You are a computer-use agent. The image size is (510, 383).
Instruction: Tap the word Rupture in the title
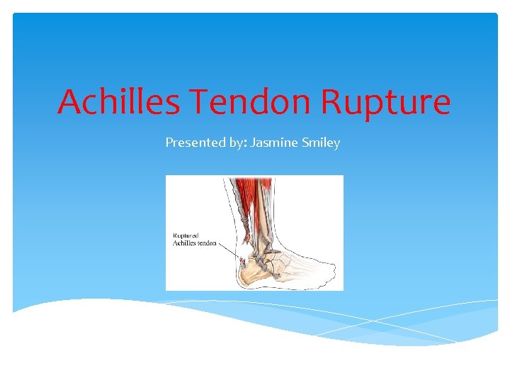click(385, 103)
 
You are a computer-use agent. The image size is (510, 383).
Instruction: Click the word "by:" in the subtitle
click(233, 143)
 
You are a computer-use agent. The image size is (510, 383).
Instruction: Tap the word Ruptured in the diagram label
click(186, 235)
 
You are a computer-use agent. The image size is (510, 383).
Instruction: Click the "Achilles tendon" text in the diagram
click(195, 243)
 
